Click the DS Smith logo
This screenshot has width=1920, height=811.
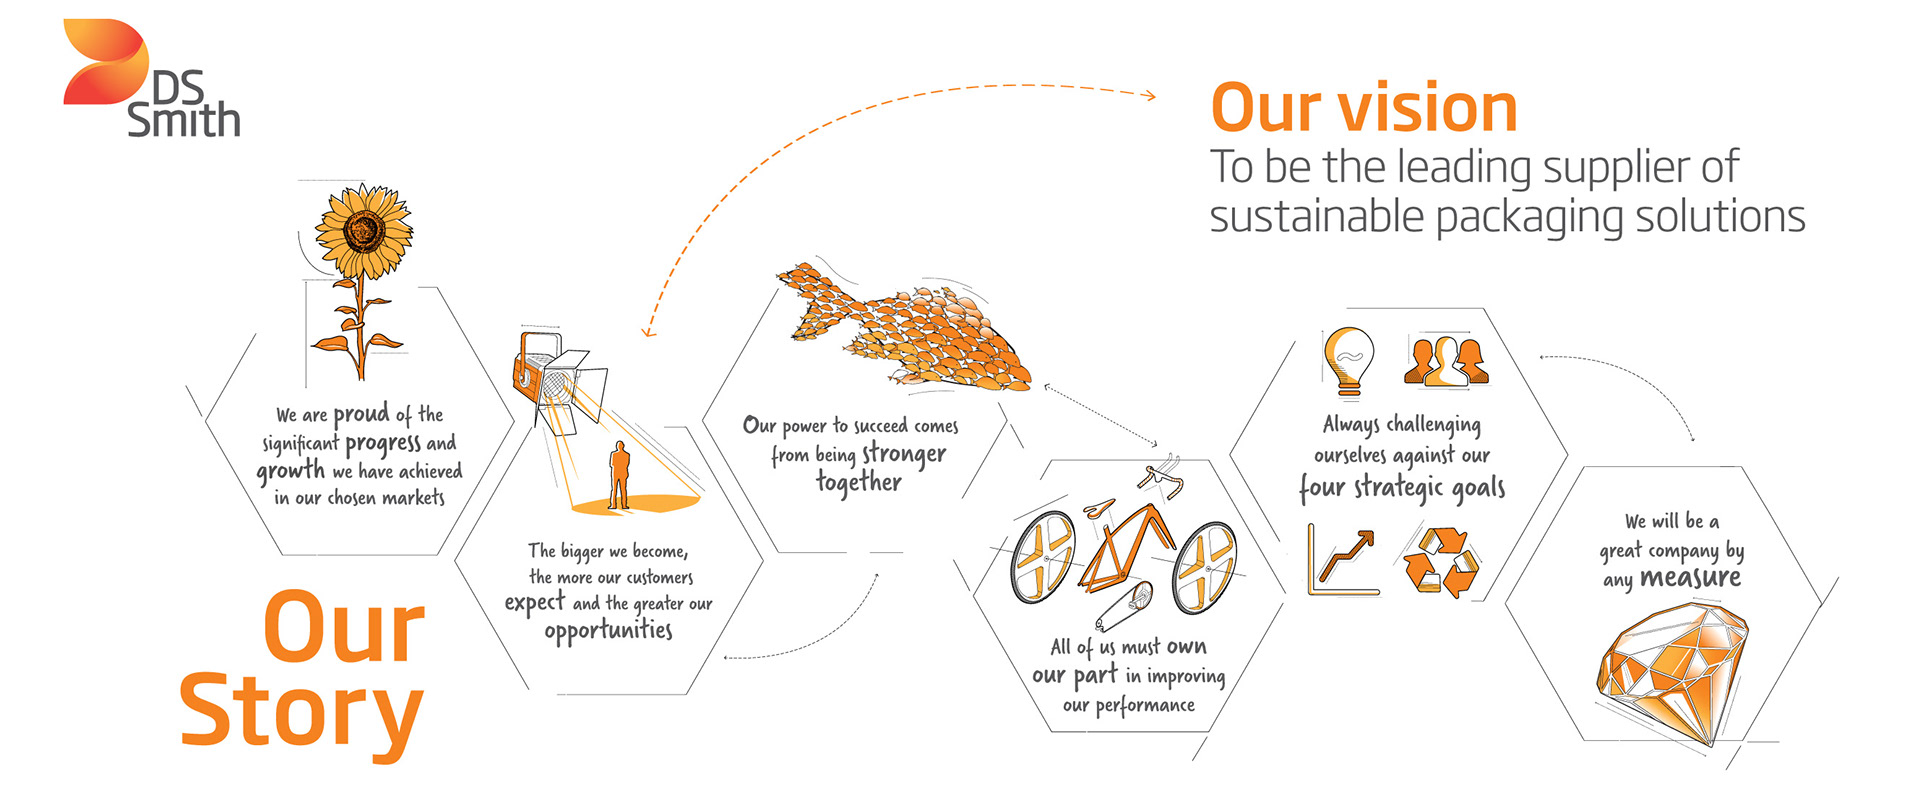coord(150,80)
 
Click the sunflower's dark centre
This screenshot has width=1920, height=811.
coord(363,230)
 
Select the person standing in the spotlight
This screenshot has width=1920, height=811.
coord(620,476)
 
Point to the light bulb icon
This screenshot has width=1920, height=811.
coord(1348,360)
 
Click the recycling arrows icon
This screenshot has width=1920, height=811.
coord(1440,562)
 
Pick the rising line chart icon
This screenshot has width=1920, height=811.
coord(1343,560)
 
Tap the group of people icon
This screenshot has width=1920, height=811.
coord(1446,360)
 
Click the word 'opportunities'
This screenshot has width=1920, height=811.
coord(608,630)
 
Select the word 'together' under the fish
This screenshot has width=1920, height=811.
coord(858,483)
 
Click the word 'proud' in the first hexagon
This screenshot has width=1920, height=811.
coord(361,414)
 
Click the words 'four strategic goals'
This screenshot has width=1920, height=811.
coord(1402,488)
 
